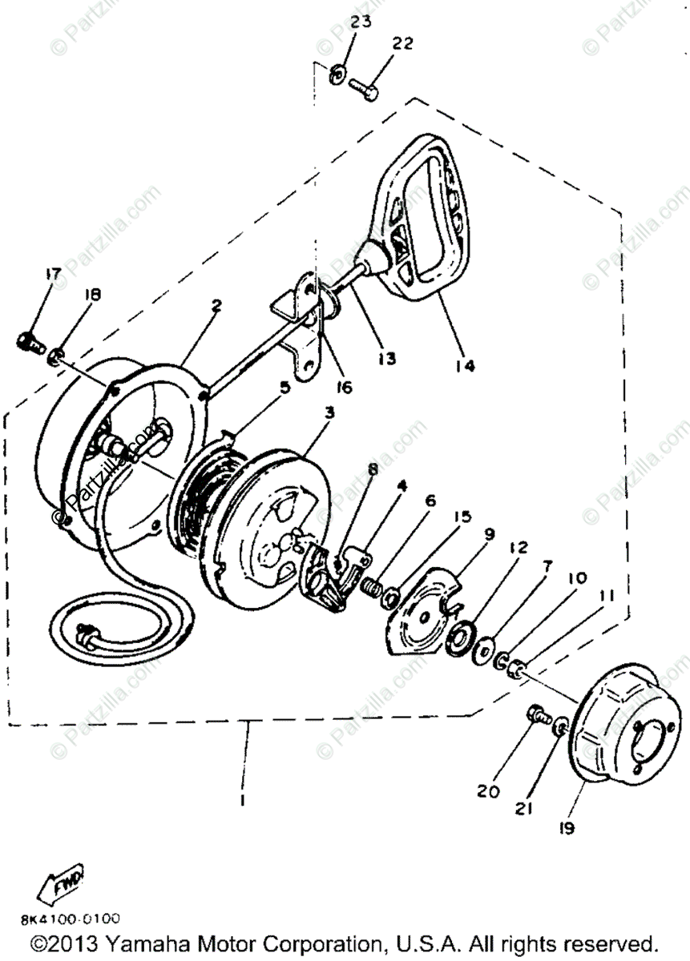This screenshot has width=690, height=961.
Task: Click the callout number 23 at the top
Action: [x=361, y=22]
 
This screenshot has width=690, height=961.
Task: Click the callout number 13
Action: [x=387, y=360]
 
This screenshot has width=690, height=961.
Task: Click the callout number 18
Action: [x=93, y=295]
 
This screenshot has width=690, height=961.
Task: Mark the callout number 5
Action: [x=284, y=388]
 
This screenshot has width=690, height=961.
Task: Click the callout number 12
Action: [x=519, y=549]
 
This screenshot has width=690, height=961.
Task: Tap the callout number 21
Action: [x=523, y=809]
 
